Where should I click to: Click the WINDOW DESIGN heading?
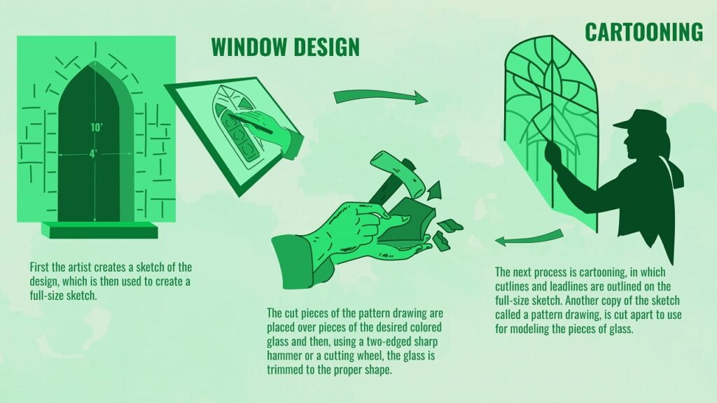tap(285, 46)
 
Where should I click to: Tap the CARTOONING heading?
tap(643, 31)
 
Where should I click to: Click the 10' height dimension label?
tap(95, 127)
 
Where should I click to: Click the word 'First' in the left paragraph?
tap(40, 267)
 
